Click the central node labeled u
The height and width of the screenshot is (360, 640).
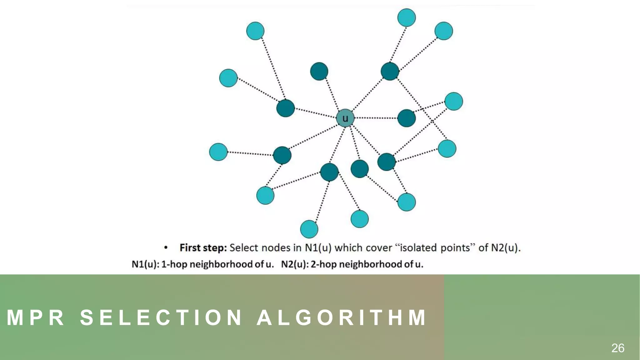345,118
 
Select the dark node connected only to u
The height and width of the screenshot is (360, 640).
319,71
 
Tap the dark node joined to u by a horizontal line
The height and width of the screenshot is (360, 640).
406,118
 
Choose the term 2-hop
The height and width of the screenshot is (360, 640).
323,264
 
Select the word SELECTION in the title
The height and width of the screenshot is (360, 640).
161,317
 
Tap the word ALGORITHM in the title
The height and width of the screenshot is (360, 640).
341,317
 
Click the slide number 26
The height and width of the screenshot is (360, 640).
617,348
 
